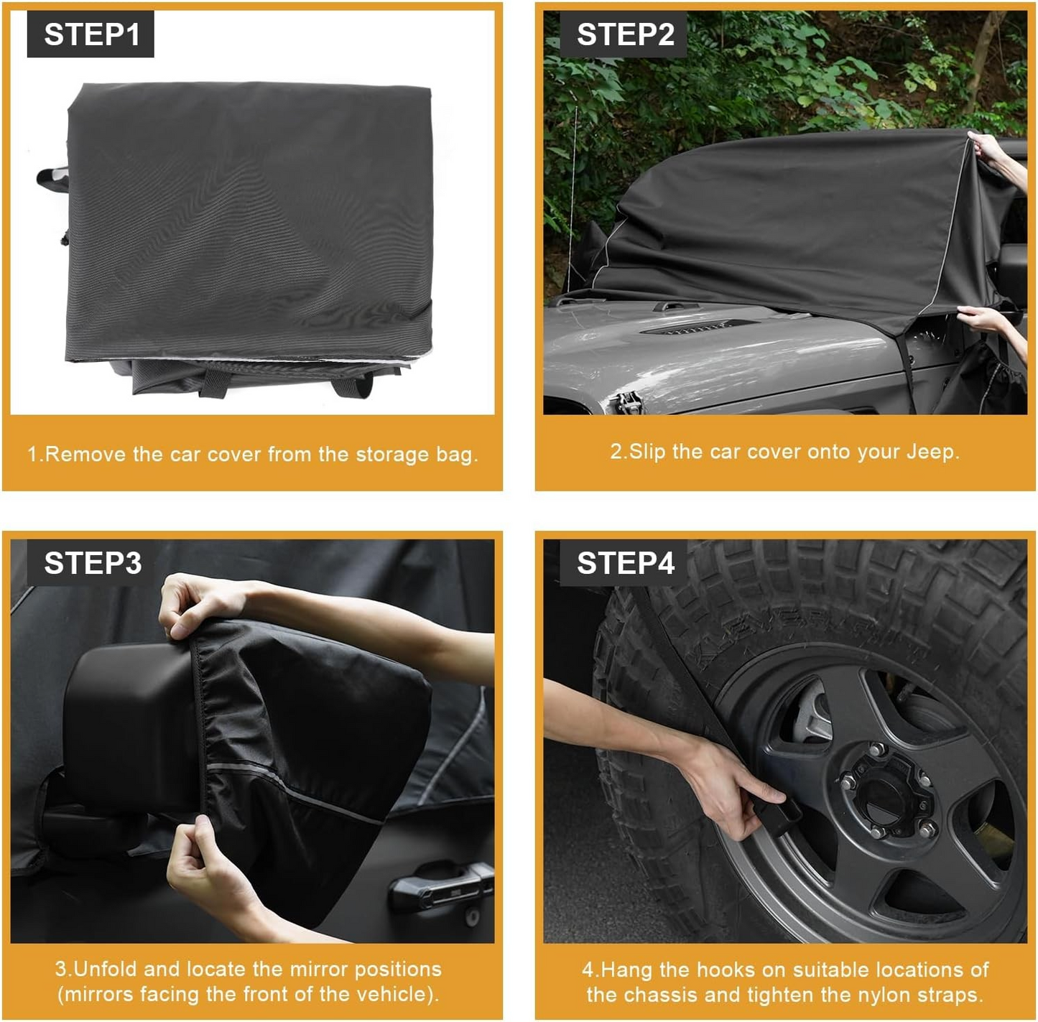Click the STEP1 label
tap(91, 34)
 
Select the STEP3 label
tap(92, 563)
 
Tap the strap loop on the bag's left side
tap(52, 179)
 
